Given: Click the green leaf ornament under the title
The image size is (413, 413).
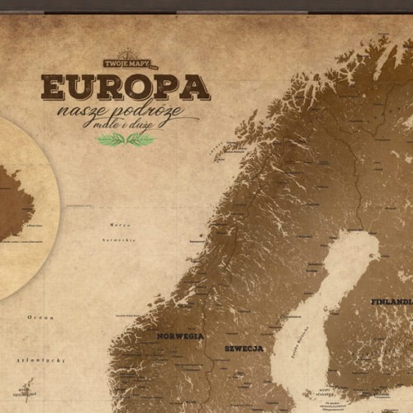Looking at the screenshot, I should [126, 140].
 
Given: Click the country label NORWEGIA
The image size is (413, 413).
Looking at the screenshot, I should [180, 336].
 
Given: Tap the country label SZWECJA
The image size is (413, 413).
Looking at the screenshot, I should [244, 349].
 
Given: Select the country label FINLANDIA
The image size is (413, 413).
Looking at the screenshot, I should [391, 301].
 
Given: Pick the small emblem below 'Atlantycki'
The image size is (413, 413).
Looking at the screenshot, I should [27, 388].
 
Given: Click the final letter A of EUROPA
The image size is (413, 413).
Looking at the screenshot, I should [195, 88].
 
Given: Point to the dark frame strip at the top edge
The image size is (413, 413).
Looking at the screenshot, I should [206, 5].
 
